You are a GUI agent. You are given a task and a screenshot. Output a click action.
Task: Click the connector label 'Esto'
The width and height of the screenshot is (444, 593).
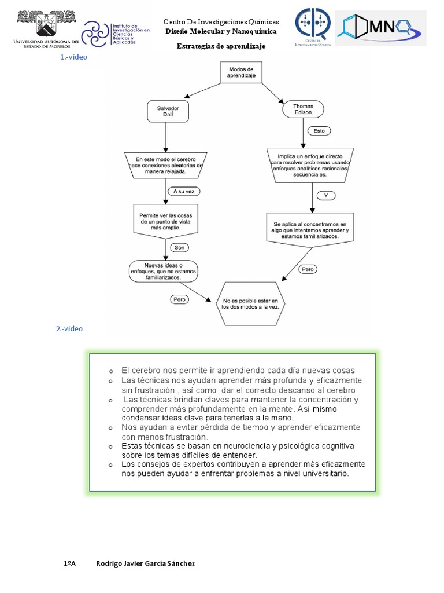(319, 131)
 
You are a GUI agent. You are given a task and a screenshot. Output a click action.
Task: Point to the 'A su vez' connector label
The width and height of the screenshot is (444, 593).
(183, 191)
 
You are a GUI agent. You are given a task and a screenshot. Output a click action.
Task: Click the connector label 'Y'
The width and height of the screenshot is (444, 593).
(326, 196)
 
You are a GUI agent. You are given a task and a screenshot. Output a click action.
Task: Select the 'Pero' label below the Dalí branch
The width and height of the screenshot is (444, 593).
(179, 299)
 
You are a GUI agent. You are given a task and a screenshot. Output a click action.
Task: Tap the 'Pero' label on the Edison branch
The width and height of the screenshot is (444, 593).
(307, 269)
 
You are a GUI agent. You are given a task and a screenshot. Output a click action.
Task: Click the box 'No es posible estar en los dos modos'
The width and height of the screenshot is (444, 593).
(250, 304)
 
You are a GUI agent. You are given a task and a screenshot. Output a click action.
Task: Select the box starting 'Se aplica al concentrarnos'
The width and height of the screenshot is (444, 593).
(310, 230)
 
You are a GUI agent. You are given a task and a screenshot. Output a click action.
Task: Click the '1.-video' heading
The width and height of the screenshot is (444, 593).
(73, 57)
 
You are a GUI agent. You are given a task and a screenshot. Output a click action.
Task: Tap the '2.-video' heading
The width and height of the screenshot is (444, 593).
(69, 328)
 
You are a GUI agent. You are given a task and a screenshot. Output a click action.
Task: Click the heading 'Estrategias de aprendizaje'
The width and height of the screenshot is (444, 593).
(221, 46)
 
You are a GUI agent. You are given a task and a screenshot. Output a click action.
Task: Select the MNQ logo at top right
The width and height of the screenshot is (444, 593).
(380, 28)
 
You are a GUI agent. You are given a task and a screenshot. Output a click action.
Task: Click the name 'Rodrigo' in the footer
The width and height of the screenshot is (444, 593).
(110, 563)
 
